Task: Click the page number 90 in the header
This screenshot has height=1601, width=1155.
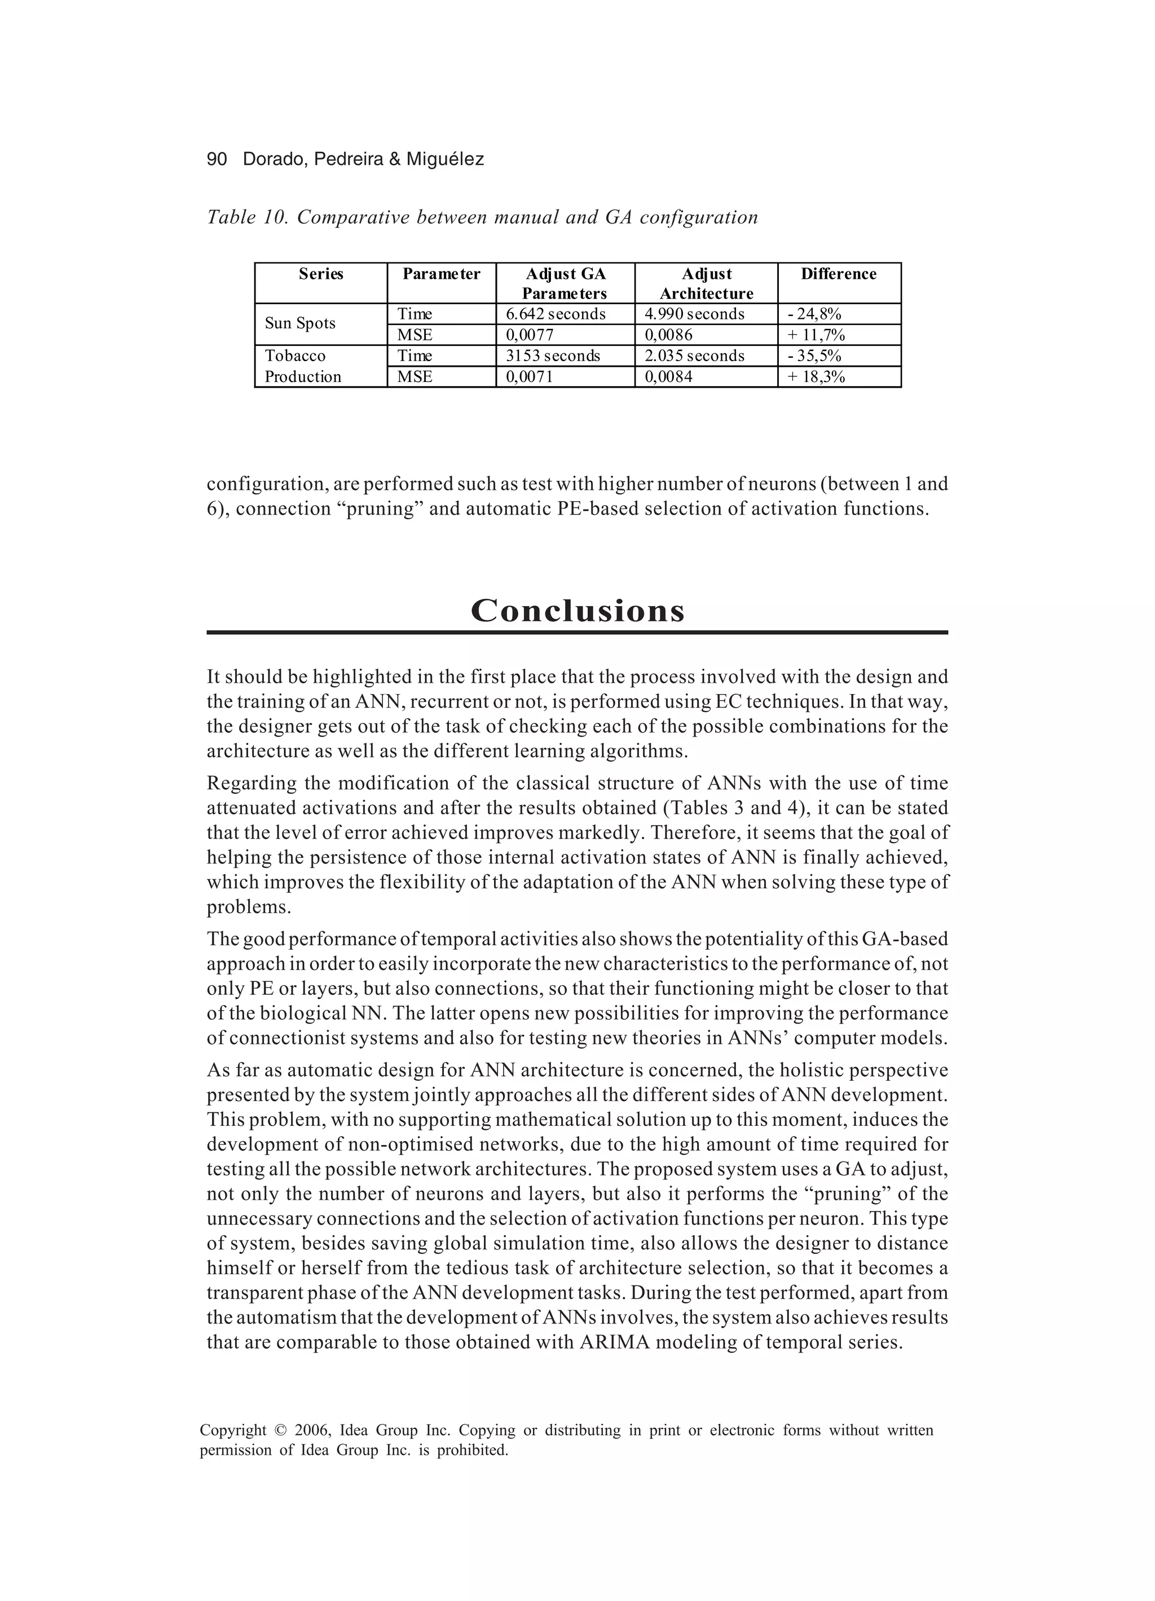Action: click(217, 160)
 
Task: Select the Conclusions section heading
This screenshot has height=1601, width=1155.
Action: click(577, 611)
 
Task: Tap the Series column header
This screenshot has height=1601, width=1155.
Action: click(320, 274)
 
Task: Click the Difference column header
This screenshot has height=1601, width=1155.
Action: click(838, 274)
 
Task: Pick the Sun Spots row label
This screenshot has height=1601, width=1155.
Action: click(300, 323)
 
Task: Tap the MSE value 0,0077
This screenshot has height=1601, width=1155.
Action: click(530, 335)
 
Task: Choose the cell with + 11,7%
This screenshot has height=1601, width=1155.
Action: click(816, 335)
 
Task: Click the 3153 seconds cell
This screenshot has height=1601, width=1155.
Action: click(553, 356)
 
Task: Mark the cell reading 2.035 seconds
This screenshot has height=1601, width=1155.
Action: click(694, 356)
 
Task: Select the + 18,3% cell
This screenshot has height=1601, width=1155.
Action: click(816, 377)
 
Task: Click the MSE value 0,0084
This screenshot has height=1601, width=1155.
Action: click(669, 377)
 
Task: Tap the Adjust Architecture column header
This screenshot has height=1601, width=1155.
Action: click(706, 283)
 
